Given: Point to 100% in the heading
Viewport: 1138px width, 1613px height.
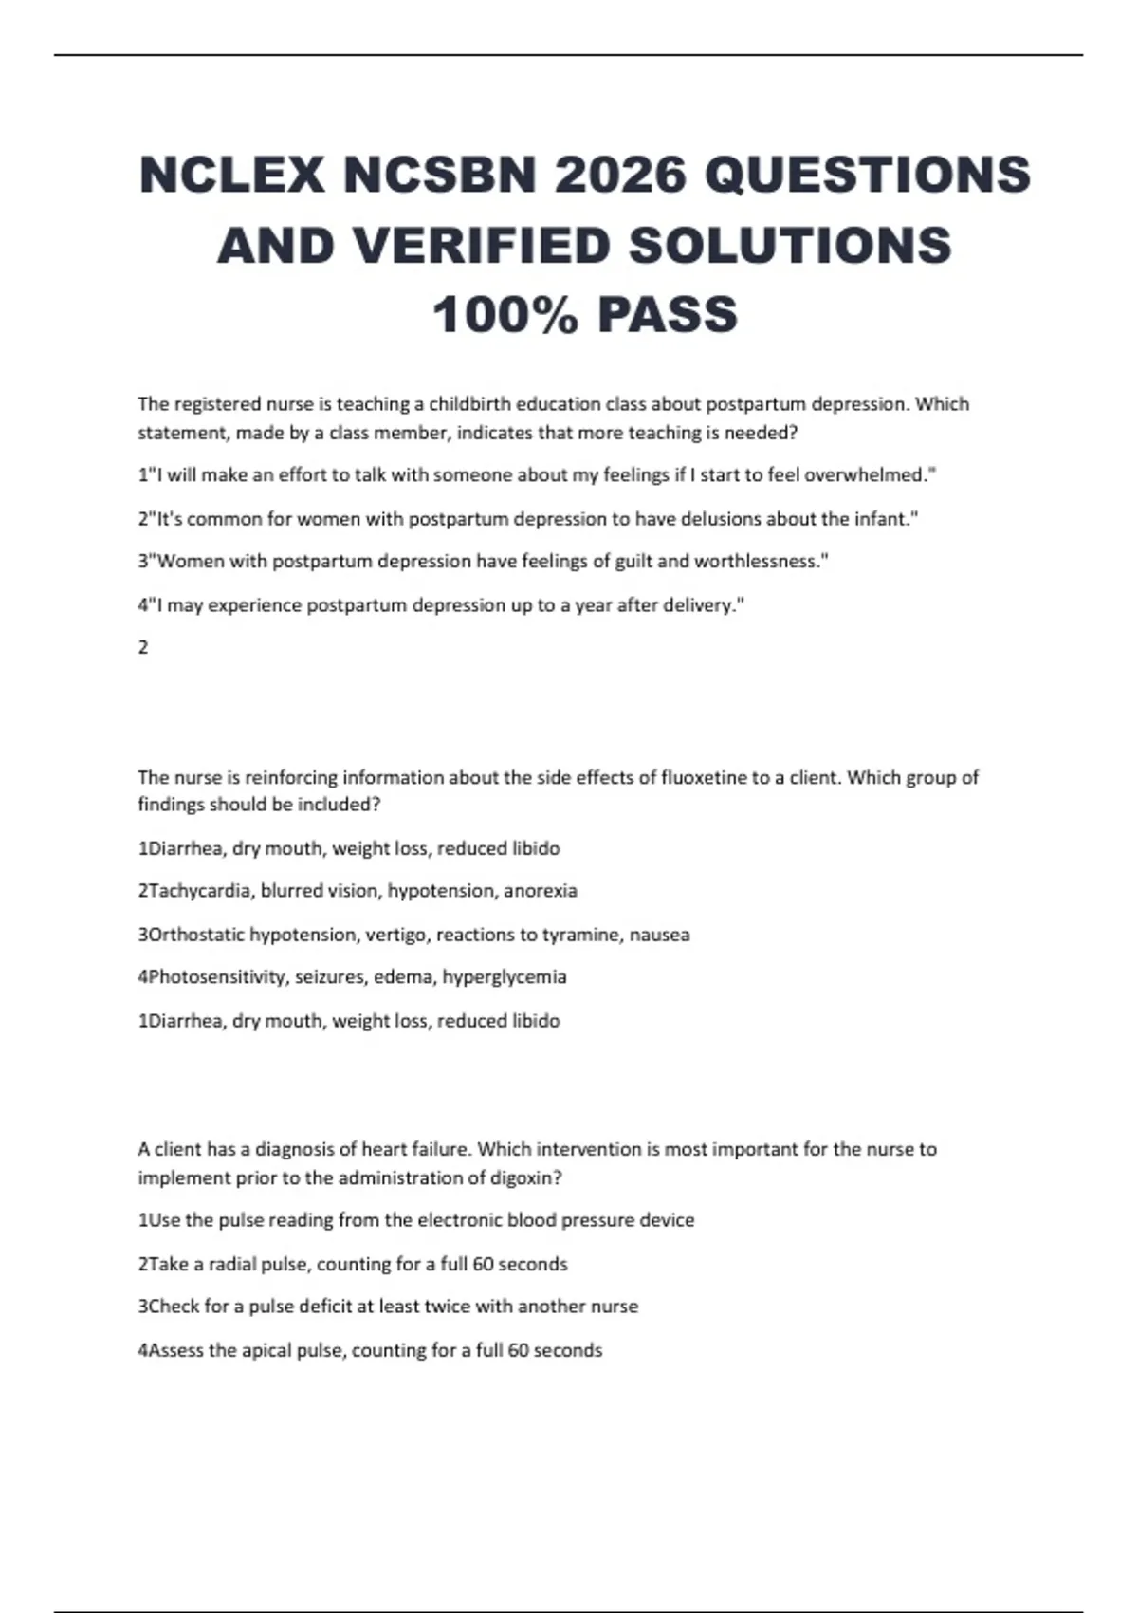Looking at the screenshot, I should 505,315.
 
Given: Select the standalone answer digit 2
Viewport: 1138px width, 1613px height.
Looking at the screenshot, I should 143,648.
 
